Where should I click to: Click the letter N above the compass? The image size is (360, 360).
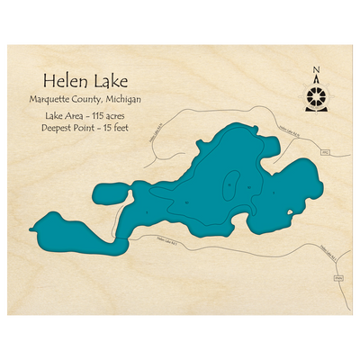point(316,69)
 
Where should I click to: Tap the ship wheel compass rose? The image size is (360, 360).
point(316,95)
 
